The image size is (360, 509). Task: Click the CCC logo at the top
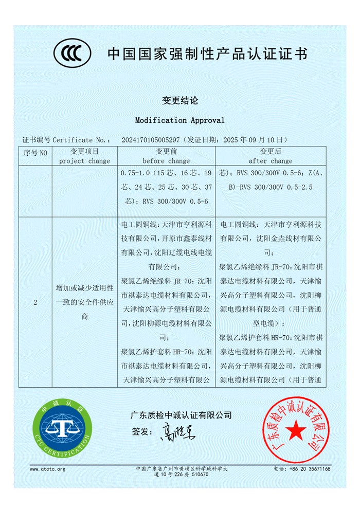[73, 53]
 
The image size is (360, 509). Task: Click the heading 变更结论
[179, 100]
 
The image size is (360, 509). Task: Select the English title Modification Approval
[179, 120]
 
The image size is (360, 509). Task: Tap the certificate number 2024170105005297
[150, 140]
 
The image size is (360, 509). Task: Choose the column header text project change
[84, 161]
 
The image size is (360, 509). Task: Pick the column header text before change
[166, 161]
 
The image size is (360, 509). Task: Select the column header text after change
[271, 161]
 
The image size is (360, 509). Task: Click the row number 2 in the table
[35, 303]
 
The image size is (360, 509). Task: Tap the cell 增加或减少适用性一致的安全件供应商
[84, 303]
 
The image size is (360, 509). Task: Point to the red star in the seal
[295, 431]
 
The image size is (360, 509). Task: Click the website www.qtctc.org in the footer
[48, 469]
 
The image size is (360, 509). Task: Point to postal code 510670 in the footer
[200, 475]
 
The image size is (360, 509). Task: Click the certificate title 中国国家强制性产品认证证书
[207, 53]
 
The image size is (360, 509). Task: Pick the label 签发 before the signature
[140, 431]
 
